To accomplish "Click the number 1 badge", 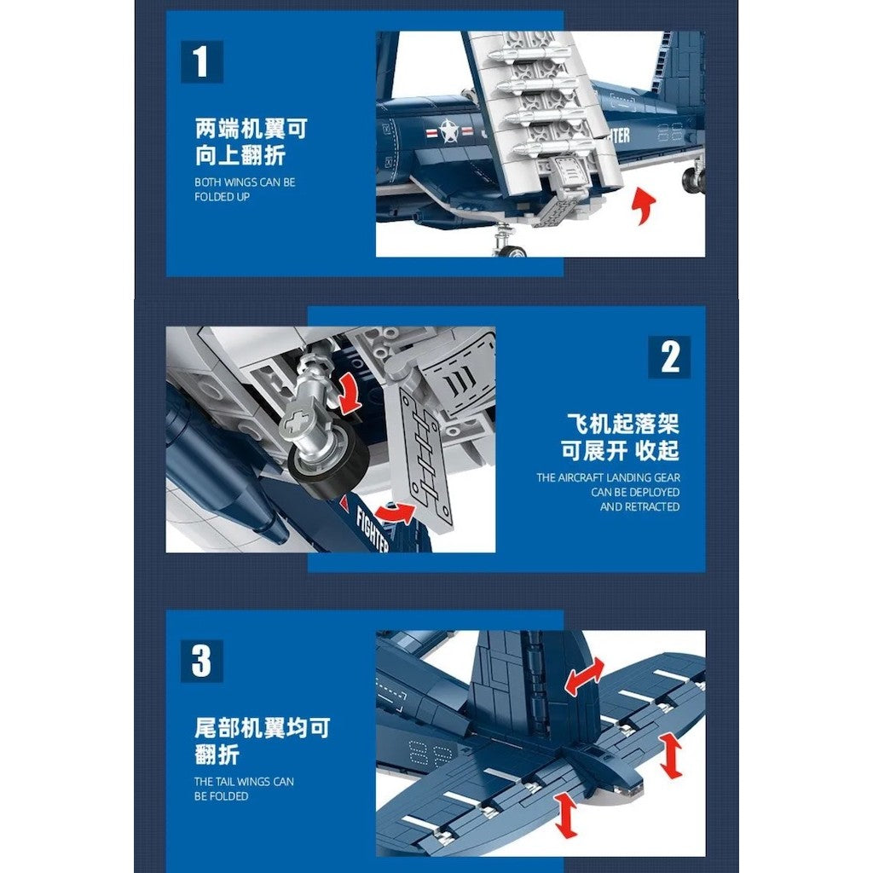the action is coord(202,61).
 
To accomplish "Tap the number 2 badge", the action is coord(669,357).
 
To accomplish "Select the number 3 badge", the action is coord(201,661).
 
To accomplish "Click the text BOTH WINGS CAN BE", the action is coord(245,182).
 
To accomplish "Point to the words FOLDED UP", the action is coord(223,197).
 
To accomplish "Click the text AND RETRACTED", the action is coord(639,506).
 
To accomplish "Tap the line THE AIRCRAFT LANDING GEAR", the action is coord(608,477).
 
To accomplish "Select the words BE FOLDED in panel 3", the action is coord(221,796).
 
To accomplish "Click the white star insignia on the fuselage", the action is coord(448,131).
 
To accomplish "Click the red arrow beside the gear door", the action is coord(395,512).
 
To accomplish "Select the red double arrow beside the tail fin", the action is coord(584,676).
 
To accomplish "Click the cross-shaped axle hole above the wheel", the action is coord(296,422).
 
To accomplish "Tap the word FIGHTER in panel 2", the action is coord(372,529).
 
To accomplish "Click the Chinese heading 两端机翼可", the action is coord(251,130).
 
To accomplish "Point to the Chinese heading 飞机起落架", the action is coord(622,425).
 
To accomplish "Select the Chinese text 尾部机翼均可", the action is coord(263,728).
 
